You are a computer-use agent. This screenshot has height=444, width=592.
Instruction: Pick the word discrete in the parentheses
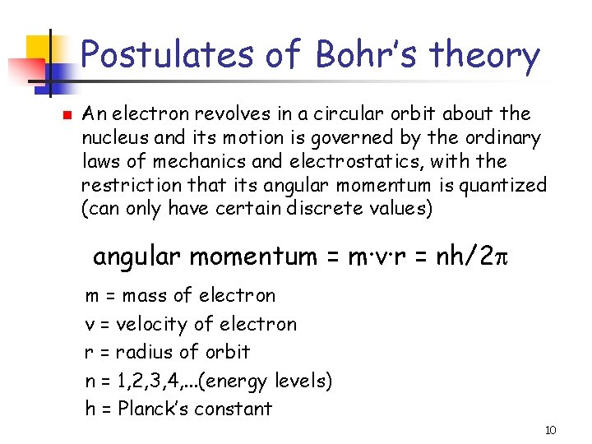point(309,209)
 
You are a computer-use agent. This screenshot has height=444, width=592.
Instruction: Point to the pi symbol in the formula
point(510,257)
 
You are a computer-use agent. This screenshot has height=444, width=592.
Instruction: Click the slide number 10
point(551,430)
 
